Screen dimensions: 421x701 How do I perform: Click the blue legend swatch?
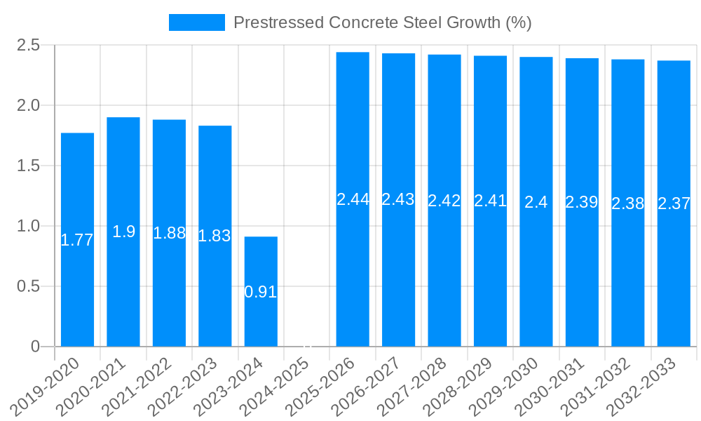point(197,22)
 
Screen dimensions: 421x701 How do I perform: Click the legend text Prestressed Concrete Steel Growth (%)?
point(382,22)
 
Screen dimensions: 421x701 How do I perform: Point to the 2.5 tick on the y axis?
point(29,46)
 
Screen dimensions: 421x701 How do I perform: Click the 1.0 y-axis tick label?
point(29,226)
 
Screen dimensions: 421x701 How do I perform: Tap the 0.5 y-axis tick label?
point(29,286)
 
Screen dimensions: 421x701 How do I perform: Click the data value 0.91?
point(261,292)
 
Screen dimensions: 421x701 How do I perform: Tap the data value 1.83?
point(215,236)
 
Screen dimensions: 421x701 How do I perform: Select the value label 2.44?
point(353,199)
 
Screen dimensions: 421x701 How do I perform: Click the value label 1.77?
point(77,240)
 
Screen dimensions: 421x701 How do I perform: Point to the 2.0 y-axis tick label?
point(29,105)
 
